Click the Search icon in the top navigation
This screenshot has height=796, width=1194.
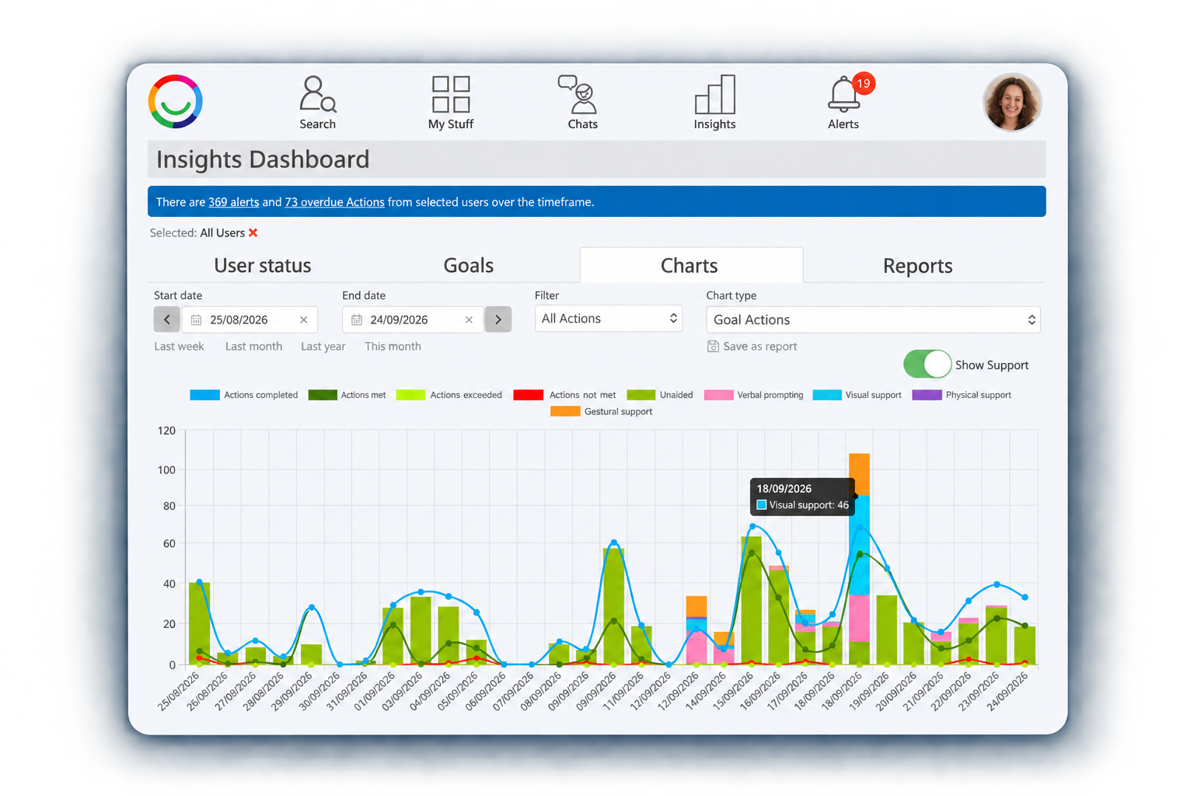(318, 94)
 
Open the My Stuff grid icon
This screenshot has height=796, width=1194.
(450, 94)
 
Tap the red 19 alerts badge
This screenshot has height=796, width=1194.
(864, 83)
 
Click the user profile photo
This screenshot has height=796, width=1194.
(1011, 102)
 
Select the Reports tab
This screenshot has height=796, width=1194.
(917, 266)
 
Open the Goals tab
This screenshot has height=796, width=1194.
(469, 266)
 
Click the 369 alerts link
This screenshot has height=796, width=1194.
(233, 202)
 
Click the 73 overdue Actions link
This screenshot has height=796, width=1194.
(334, 202)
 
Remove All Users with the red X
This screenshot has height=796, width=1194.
(253, 233)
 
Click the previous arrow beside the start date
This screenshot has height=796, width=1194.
(167, 319)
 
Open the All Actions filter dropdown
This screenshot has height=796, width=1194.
(608, 319)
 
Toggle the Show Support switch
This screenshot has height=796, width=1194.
(927, 364)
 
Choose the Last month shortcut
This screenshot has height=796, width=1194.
(253, 347)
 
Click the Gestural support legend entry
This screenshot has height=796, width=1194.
(601, 411)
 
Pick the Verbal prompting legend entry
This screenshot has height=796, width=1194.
(754, 395)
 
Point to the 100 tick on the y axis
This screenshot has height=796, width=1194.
(166, 470)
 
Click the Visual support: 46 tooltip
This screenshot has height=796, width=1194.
(802, 497)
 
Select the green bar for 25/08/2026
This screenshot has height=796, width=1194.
(199, 623)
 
